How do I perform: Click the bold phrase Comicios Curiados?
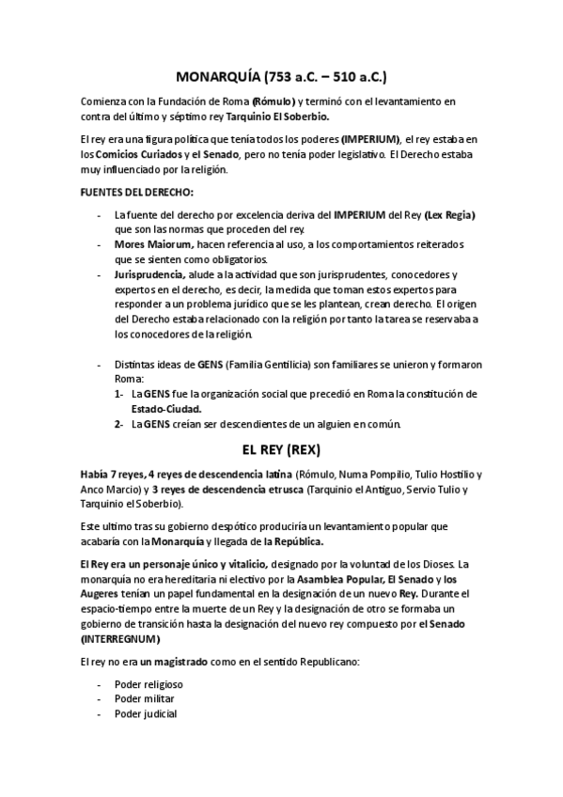click(x=140, y=154)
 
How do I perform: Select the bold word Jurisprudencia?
click(x=149, y=274)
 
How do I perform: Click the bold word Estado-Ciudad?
click(x=166, y=409)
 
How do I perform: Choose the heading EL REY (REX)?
click(x=281, y=449)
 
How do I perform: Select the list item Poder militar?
click(x=144, y=699)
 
